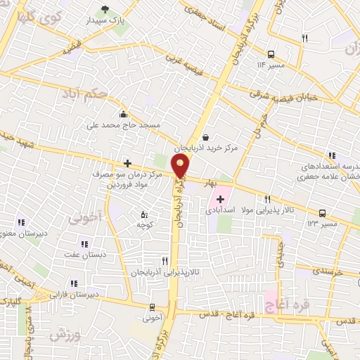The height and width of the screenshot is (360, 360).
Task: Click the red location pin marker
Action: pyautogui.click(x=181, y=166)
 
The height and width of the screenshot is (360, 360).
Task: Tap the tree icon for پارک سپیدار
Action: pyautogui.click(x=105, y=9)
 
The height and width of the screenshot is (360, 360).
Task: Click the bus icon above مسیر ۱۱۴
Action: pyautogui.click(x=271, y=53)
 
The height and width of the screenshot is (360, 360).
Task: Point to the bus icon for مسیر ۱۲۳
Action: pyautogui.click(x=322, y=212)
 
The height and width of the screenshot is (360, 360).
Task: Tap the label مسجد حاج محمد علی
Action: pyautogui.click(x=124, y=125)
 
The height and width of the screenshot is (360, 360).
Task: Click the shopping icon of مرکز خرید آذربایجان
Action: pyautogui.click(x=205, y=137)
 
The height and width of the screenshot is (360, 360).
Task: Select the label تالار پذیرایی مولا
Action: pyautogui.click(x=268, y=210)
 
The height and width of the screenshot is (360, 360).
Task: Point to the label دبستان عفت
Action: pyautogui.click(x=85, y=255)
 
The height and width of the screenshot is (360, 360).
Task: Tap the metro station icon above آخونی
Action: pyautogui.click(x=153, y=307)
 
